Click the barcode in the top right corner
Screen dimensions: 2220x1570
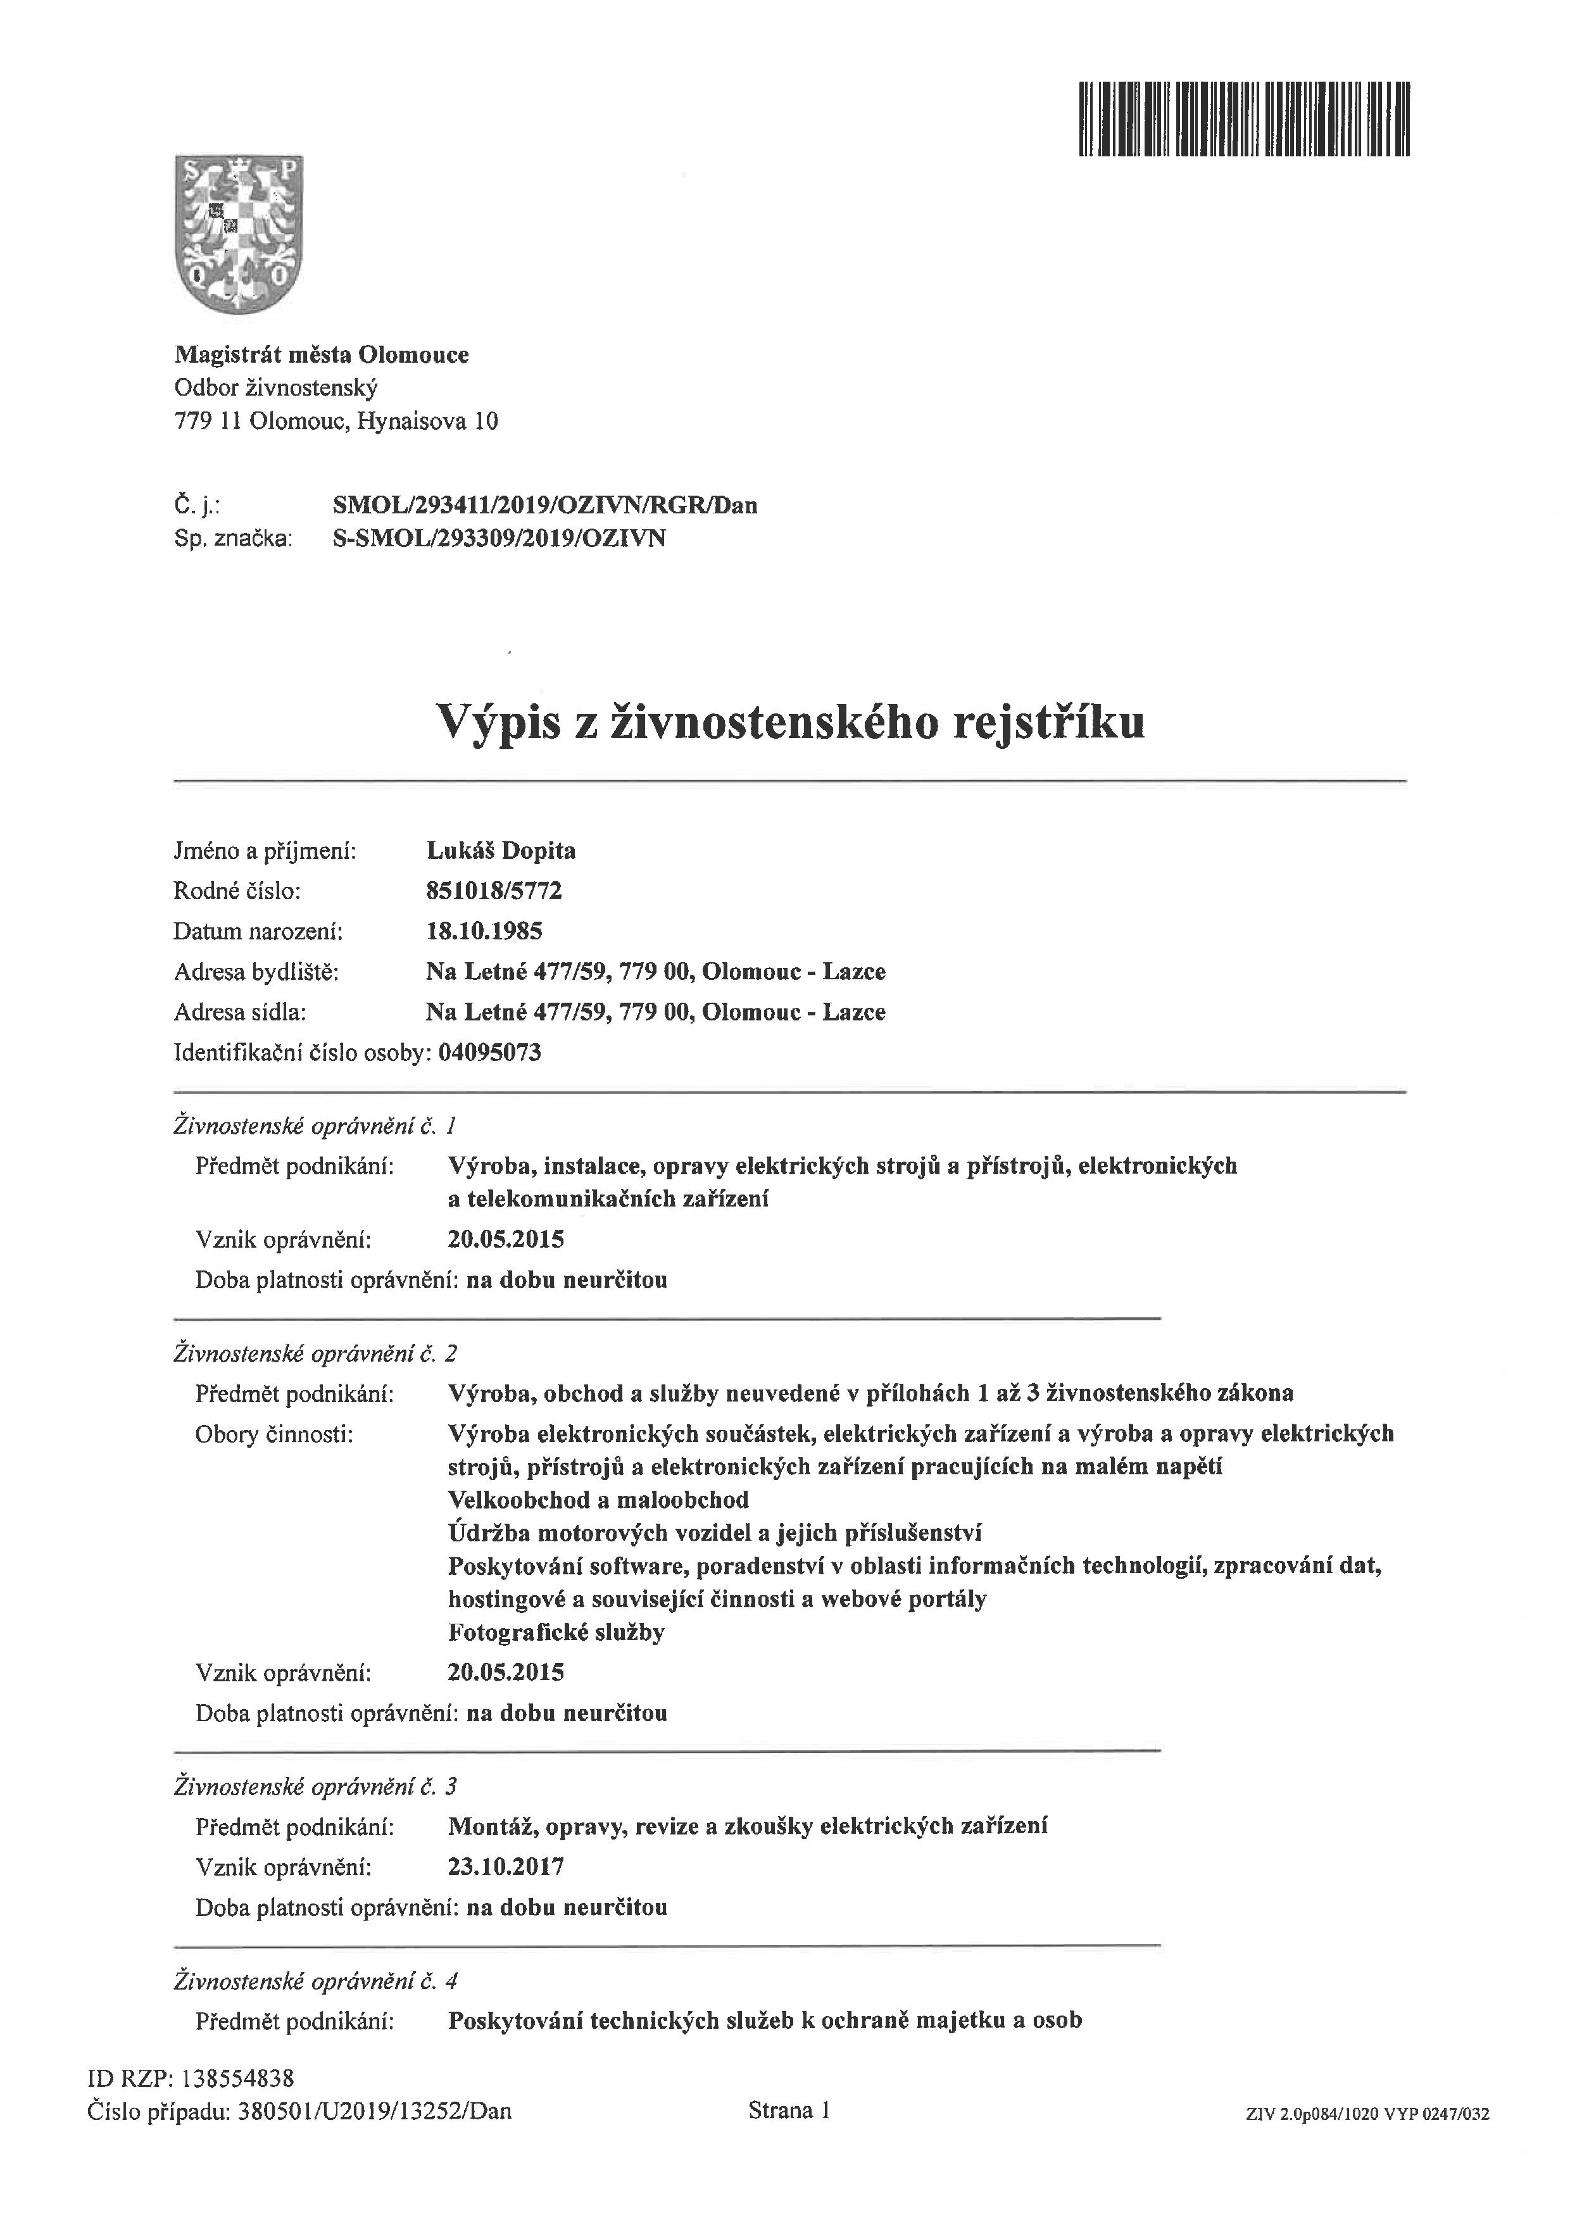tap(1244, 119)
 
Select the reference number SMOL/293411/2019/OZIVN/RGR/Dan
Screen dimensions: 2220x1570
tap(544, 505)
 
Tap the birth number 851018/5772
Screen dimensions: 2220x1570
tap(493, 891)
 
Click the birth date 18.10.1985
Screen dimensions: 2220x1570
tap(484, 931)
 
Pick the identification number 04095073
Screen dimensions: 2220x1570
tap(489, 1052)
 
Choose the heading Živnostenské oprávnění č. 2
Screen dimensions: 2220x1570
tap(315, 1353)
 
